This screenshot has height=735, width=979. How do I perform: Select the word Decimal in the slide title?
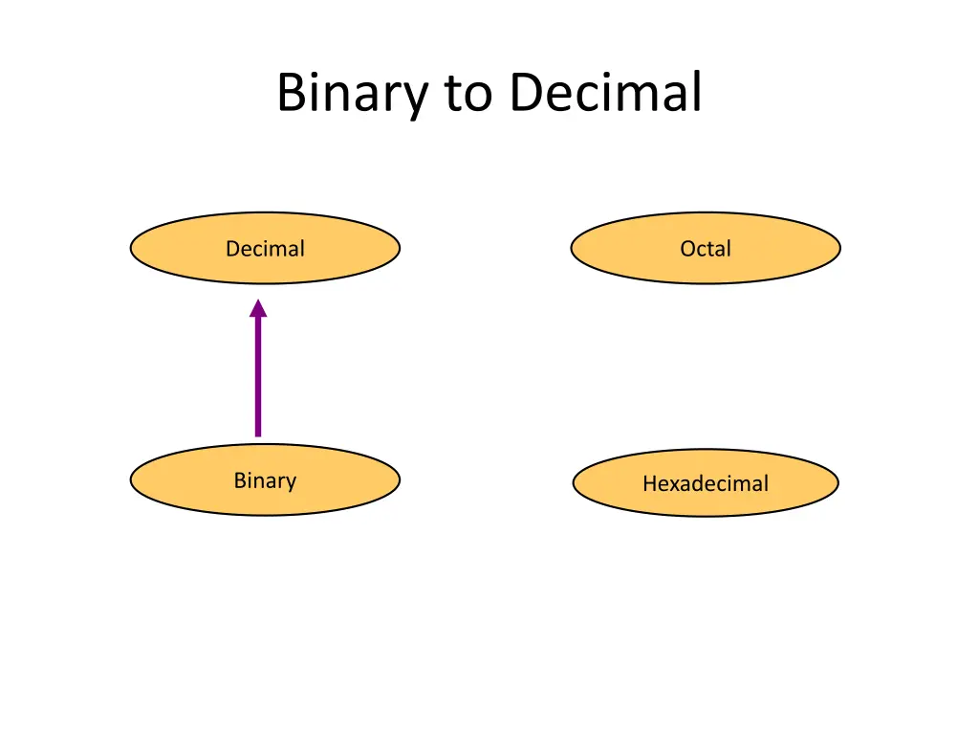click(x=605, y=94)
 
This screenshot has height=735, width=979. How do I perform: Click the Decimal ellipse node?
click(x=265, y=249)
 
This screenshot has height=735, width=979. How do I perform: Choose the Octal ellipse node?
click(x=706, y=249)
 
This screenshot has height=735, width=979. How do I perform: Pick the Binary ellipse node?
click(x=265, y=480)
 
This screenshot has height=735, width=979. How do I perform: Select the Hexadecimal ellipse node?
click(x=706, y=483)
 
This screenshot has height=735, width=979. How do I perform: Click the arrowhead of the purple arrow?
click(x=257, y=308)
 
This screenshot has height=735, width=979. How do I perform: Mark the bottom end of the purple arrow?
click(x=257, y=434)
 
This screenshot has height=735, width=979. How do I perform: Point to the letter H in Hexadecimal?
click(x=649, y=484)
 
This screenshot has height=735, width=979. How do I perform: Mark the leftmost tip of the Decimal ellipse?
click(x=131, y=249)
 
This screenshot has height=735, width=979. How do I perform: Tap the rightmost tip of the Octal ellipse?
click(x=839, y=249)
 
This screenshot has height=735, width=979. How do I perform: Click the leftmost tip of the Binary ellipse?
click(x=131, y=480)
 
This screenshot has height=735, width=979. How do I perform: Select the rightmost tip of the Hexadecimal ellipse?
click(x=838, y=483)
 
